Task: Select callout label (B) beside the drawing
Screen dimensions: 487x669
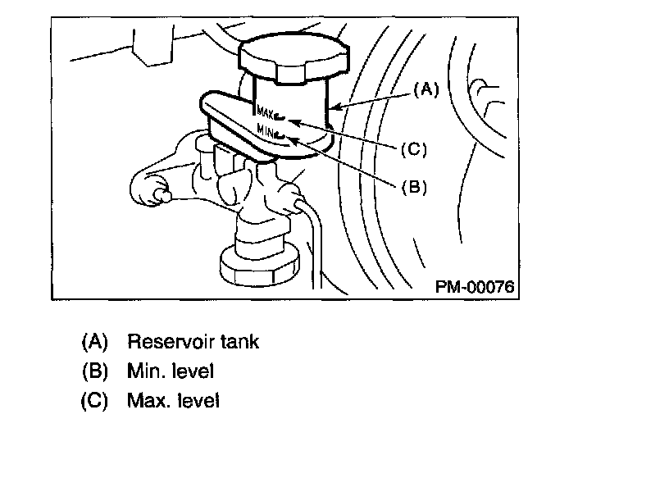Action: point(414,186)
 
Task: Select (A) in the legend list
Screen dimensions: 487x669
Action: point(95,341)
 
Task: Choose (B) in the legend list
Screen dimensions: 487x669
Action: point(95,371)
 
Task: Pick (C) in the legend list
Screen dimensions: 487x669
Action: point(95,401)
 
